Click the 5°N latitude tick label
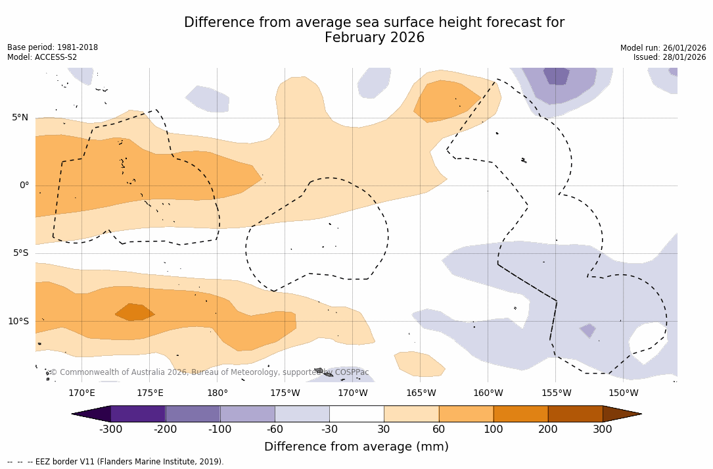(x=20, y=118)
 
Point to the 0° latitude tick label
(x=24, y=185)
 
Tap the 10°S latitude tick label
(x=18, y=322)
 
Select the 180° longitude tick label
(x=218, y=393)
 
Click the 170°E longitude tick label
(x=81, y=393)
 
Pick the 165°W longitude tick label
(x=421, y=393)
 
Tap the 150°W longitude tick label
(x=623, y=393)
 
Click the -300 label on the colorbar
(x=111, y=430)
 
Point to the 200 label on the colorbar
(x=548, y=430)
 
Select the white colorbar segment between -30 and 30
(x=357, y=414)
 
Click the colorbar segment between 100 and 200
(x=520, y=414)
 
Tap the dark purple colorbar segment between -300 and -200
(x=138, y=414)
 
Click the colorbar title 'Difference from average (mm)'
(x=356, y=447)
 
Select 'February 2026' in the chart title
(x=375, y=38)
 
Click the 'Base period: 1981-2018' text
(x=53, y=47)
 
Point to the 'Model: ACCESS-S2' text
(x=42, y=57)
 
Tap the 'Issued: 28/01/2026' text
(x=670, y=57)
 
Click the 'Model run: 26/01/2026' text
(x=663, y=48)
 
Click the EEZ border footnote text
(x=116, y=462)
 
